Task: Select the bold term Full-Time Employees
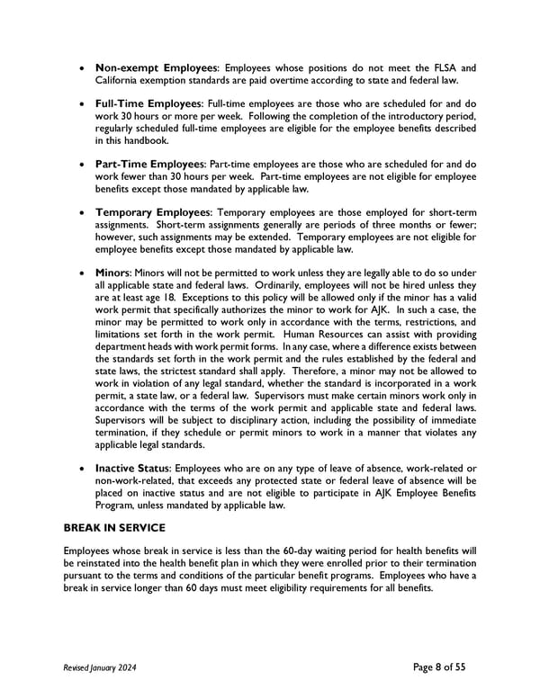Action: (149, 105)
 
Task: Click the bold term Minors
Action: (112, 272)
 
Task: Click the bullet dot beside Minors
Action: (84, 273)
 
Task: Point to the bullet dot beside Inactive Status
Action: (84, 469)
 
